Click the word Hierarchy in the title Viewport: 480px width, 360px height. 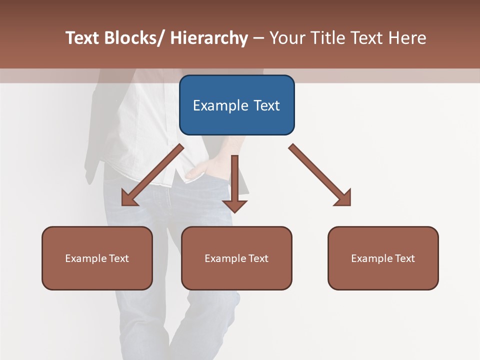(x=208, y=38)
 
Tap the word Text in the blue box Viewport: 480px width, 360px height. (x=266, y=105)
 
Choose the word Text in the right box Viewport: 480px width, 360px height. (x=405, y=258)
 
